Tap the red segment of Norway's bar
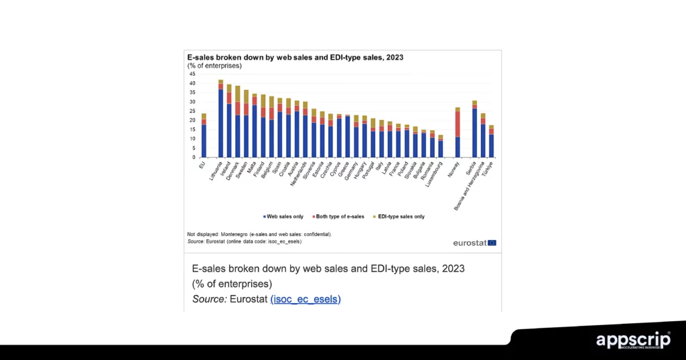tap(458, 124)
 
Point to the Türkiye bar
tap(491, 141)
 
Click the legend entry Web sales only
tap(283, 217)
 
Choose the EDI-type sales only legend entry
tap(399, 217)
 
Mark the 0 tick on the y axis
tap(192, 158)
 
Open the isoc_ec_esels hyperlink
tap(305, 299)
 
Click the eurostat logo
tap(474, 242)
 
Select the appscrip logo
tap(633, 341)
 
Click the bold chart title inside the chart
tap(295, 58)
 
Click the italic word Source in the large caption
tap(208, 299)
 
